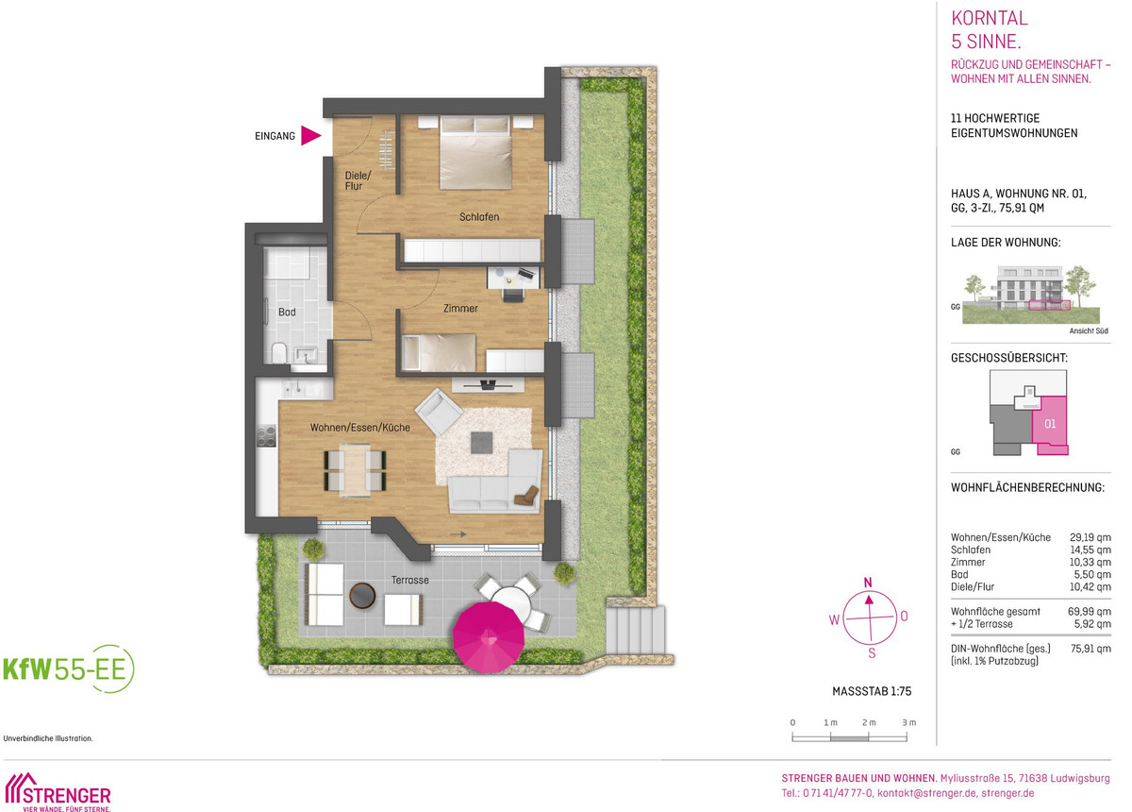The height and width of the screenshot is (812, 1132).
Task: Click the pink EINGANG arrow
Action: [310, 136]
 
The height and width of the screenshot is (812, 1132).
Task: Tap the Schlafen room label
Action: [479, 217]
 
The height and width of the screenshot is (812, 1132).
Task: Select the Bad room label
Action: [287, 313]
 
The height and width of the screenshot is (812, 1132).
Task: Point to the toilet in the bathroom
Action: [279, 352]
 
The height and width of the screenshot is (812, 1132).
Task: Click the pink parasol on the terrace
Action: [489, 637]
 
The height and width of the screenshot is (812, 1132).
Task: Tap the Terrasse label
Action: [409, 581]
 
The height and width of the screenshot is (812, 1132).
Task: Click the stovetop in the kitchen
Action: [266, 435]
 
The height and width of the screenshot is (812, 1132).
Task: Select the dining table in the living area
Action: [355, 470]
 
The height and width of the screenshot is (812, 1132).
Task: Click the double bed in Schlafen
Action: [475, 152]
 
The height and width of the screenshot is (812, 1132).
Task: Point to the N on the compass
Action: [868, 583]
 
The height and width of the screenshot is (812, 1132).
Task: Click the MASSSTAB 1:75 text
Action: [872, 691]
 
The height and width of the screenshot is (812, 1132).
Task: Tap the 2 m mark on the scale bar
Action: [869, 723]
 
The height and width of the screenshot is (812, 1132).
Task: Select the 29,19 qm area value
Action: [1090, 537]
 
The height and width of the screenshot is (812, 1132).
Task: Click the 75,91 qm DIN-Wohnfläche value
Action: [1090, 649]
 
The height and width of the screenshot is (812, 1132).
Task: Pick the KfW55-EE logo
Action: [69, 668]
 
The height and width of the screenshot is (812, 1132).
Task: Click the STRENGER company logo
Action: [58, 792]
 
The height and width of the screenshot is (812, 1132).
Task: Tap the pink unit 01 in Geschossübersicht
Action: [1050, 424]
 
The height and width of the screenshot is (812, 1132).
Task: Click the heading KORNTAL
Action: [990, 18]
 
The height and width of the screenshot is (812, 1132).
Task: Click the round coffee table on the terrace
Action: [362, 596]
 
